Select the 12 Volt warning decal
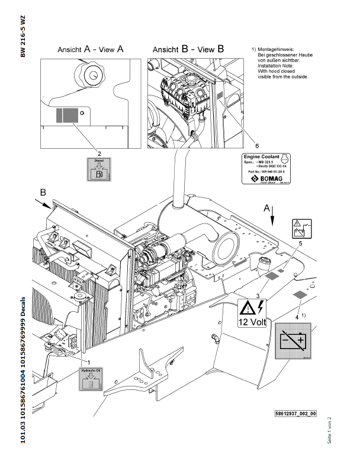tap(253, 313)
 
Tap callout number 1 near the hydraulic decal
tap(88, 361)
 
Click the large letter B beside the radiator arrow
tap(43, 193)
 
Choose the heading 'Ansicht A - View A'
tap(90, 50)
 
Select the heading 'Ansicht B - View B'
tap(188, 50)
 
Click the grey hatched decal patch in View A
tap(67, 114)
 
